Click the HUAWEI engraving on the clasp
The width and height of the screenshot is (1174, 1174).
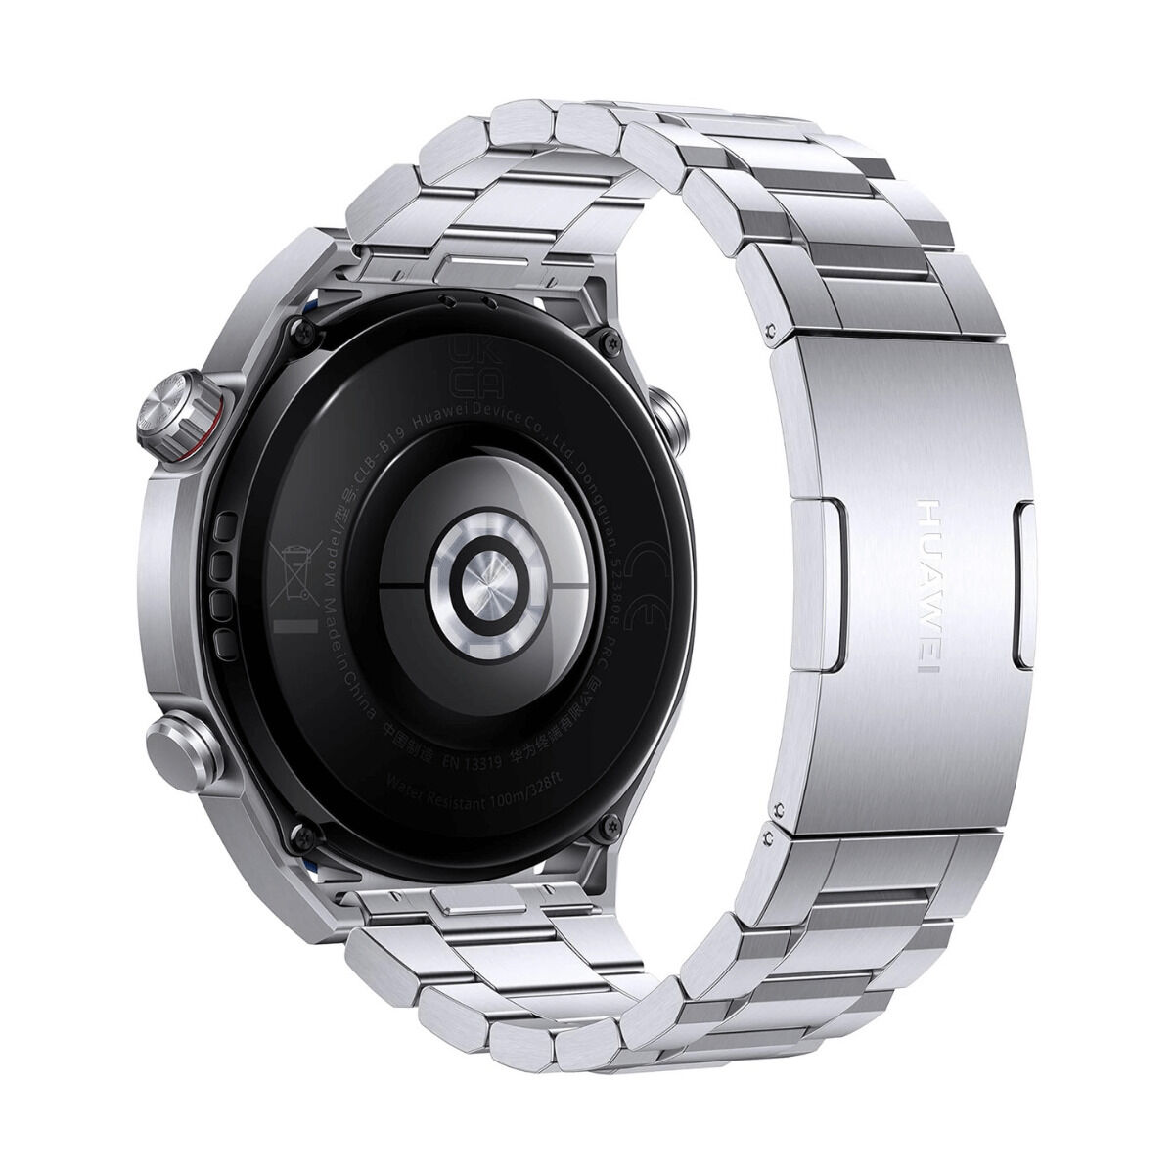pyautogui.click(x=928, y=586)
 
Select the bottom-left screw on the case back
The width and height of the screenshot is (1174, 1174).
pyautogui.click(x=300, y=834)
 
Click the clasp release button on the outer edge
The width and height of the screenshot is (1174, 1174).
pyautogui.click(x=1025, y=586)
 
